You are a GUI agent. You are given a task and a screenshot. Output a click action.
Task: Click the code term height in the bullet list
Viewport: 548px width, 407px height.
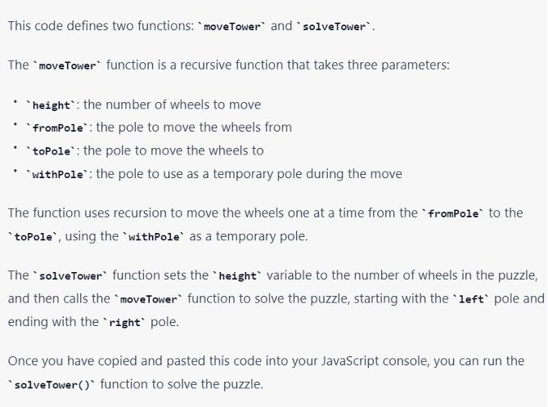tap(51, 105)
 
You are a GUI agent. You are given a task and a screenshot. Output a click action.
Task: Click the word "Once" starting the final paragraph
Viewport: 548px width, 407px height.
tap(22, 360)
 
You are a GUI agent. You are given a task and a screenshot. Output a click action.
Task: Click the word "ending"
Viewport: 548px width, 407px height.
tap(28, 322)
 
